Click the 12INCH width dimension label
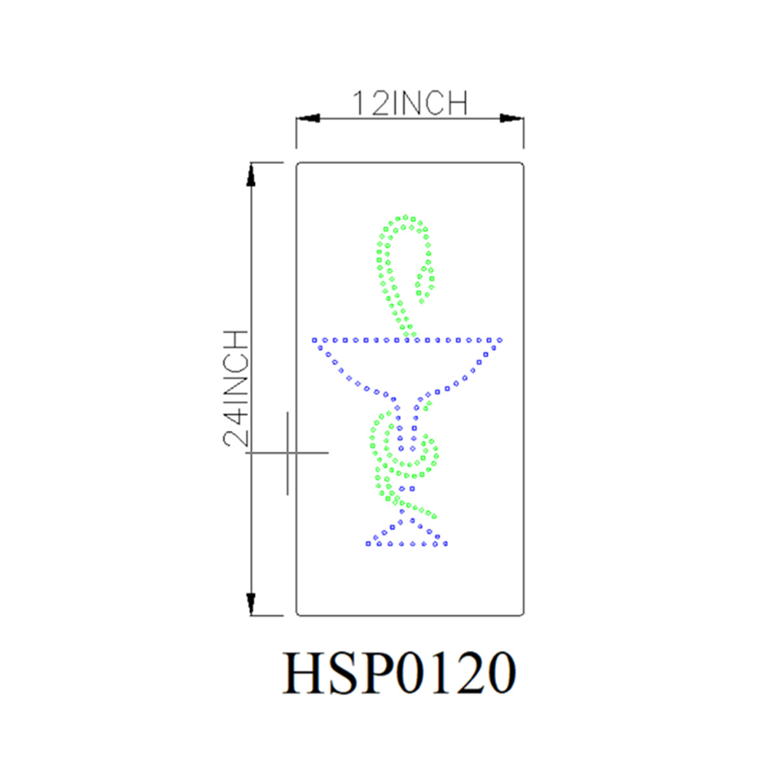click(410, 103)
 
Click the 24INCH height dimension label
click(236, 389)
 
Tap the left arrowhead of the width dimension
click(308, 118)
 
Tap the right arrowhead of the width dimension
click(512, 118)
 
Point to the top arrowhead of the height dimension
click(251, 174)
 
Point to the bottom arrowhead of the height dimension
click(251, 604)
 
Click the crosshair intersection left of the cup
click(288, 452)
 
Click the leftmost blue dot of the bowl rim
click(314, 340)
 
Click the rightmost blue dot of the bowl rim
click(500, 340)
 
